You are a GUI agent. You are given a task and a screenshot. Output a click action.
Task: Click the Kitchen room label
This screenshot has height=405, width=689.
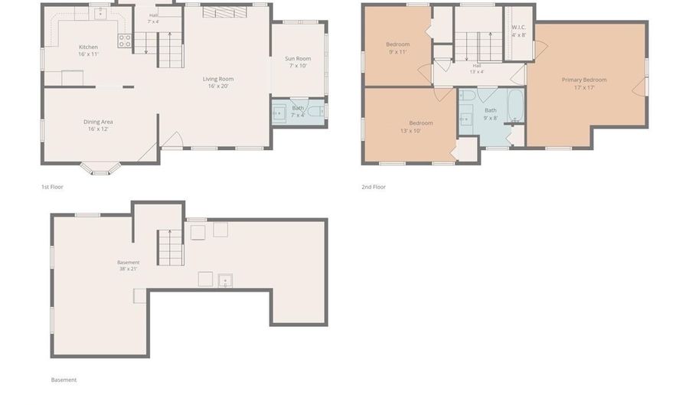point(88,47)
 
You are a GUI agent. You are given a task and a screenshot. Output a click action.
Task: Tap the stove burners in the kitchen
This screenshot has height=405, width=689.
point(124,41)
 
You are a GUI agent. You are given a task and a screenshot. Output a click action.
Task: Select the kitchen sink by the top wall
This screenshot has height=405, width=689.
point(100,14)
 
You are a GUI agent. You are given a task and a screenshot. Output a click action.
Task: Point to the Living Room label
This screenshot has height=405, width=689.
point(218,79)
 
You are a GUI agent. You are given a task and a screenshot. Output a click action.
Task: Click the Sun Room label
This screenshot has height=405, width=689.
point(298,58)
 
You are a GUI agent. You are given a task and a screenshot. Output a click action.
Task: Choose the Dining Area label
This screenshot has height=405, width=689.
point(98,122)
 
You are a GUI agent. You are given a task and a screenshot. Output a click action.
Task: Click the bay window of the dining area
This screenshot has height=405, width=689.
point(100,169)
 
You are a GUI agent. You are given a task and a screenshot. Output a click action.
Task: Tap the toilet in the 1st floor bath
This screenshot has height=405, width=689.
point(316,112)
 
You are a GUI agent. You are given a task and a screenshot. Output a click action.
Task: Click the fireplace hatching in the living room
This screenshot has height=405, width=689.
point(224,12)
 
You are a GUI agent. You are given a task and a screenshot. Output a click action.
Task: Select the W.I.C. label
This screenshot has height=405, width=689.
point(518,28)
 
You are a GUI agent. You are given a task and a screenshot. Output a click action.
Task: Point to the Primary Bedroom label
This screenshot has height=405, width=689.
point(584,80)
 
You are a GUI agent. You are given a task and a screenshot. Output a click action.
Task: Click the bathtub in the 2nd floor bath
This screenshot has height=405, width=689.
point(516,106)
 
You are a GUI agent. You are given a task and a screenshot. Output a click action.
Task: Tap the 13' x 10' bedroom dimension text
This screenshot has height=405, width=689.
point(410,131)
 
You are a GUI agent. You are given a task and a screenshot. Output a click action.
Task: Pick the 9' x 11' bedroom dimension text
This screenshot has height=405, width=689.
point(397,52)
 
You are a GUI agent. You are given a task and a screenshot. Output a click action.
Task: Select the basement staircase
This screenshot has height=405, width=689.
point(171,248)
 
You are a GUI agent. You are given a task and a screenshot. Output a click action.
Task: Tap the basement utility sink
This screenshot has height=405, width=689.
point(225,281)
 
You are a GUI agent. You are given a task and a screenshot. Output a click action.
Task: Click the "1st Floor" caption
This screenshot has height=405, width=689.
point(52,187)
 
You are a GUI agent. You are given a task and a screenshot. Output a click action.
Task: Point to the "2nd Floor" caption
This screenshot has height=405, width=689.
point(374,187)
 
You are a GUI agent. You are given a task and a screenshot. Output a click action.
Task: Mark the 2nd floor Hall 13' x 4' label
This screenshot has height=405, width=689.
point(477,69)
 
